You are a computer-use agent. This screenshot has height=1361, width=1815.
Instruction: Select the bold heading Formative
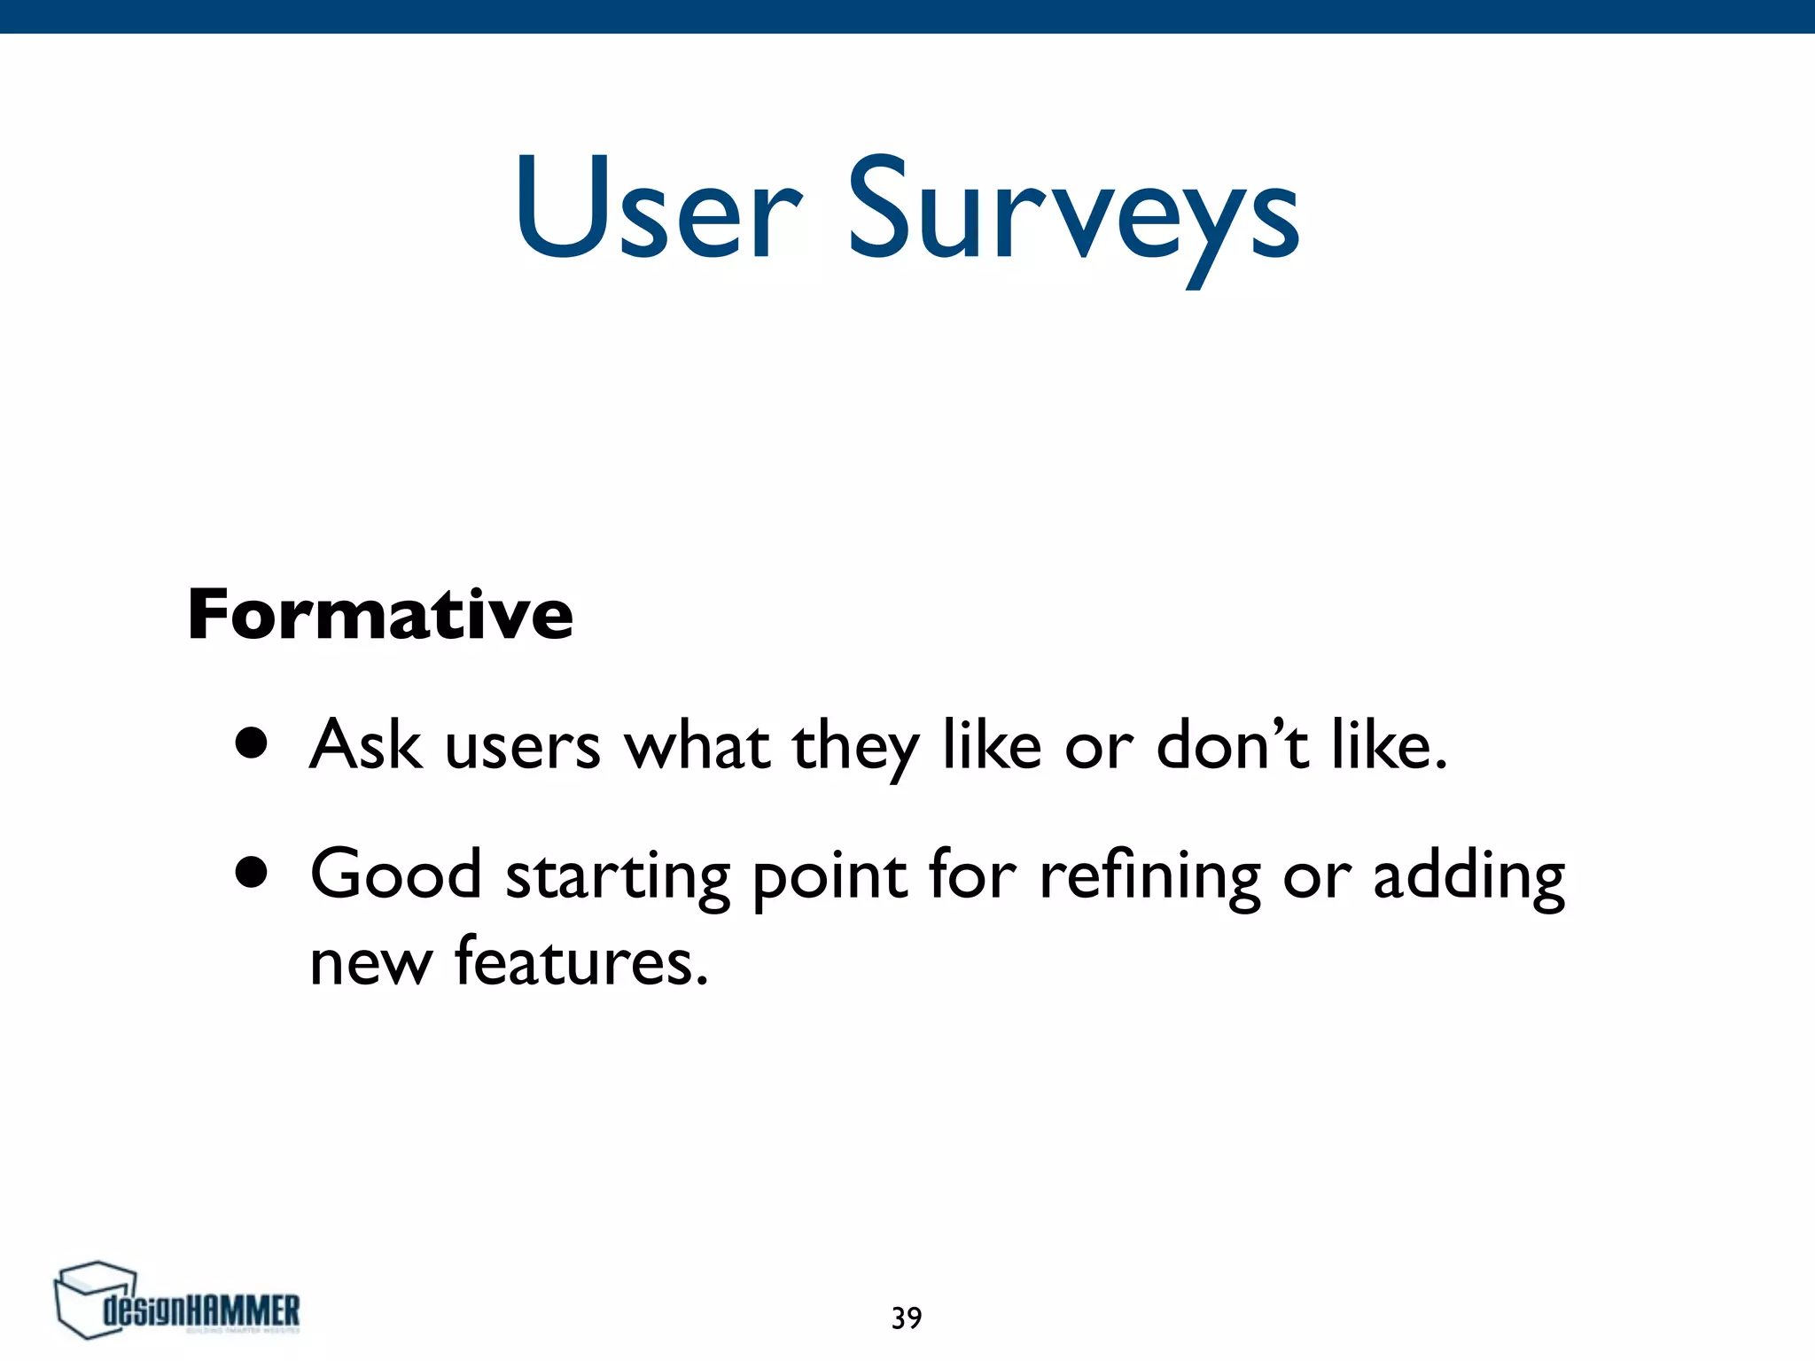click(380, 614)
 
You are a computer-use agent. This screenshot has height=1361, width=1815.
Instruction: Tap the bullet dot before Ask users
click(251, 745)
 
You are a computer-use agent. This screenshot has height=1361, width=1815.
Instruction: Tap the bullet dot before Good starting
click(251, 874)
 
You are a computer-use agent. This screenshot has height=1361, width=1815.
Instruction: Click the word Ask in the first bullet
click(364, 744)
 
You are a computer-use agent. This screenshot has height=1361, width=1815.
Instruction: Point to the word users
click(522, 747)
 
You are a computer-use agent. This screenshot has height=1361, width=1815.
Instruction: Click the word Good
click(395, 874)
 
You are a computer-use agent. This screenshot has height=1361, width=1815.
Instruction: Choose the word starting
click(618, 877)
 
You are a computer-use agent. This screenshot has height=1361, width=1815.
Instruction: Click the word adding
click(1468, 877)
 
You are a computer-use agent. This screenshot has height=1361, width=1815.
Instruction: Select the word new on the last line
click(370, 964)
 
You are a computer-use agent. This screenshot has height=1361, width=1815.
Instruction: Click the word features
click(580, 960)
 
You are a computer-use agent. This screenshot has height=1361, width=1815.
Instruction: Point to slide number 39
click(907, 1318)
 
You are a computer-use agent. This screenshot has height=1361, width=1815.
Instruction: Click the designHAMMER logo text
click(201, 1310)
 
